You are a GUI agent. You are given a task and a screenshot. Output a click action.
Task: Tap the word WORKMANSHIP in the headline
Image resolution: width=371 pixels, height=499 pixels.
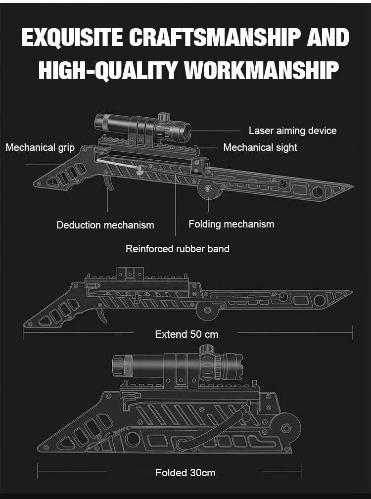(x=262, y=71)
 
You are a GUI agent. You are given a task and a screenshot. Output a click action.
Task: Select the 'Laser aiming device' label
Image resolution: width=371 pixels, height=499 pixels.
(x=292, y=131)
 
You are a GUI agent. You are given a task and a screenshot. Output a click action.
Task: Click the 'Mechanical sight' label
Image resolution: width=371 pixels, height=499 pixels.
(x=260, y=147)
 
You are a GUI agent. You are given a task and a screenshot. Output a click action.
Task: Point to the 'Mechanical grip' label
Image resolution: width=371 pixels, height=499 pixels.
(x=40, y=147)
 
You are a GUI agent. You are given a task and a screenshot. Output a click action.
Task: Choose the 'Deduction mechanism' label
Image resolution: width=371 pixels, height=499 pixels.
(x=105, y=225)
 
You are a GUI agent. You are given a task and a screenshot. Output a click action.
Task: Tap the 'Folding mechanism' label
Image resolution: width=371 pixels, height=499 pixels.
(x=231, y=224)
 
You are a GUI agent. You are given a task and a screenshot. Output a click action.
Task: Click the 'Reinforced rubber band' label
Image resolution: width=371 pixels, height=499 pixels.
(x=177, y=249)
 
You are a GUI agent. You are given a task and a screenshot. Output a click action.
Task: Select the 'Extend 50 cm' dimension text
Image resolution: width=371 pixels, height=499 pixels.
(x=186, y=334)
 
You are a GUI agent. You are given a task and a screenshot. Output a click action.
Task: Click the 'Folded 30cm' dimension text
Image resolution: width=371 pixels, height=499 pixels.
(x=185, y=473)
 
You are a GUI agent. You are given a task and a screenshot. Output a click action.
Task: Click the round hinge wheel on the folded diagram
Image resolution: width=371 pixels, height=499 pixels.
(x=286, y=428)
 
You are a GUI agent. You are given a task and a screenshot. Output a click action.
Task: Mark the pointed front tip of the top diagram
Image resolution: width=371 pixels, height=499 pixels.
(x=351, y=187)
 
